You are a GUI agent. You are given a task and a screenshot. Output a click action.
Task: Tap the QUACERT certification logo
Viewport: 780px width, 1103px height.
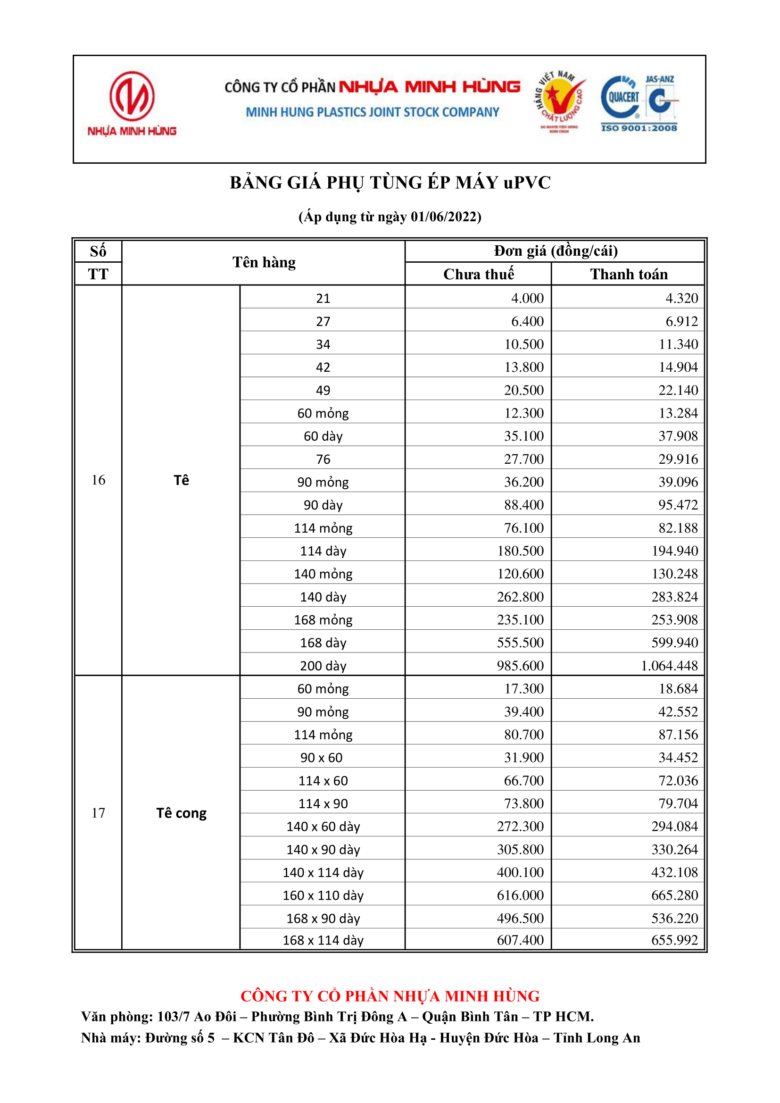click(622, 98)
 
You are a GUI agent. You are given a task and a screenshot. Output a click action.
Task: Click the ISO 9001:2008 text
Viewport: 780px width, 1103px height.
click(639, 128)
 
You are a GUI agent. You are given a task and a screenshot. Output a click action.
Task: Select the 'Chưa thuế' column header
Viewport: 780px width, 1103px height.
click(478, 274)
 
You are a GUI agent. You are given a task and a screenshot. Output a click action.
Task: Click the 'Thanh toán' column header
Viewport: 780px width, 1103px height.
click(629, 274)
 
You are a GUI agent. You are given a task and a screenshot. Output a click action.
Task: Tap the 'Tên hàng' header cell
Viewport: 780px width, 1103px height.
click(264, 262)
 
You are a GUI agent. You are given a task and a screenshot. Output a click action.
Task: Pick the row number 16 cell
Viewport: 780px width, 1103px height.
click(98, 480)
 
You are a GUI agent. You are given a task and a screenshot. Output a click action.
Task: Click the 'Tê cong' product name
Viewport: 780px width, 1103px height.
click(181, 813)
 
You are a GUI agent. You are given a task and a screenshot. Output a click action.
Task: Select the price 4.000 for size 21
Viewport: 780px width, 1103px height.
click(527, 298)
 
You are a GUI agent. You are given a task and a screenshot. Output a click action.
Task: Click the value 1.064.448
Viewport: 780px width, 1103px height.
click(669, 666)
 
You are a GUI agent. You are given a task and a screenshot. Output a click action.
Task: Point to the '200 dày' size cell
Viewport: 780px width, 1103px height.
click(323, 666)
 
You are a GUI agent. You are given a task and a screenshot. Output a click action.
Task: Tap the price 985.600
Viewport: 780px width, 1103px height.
click(520, 666)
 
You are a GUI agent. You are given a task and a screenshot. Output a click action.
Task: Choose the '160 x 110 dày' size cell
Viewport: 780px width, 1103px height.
click(323, 895)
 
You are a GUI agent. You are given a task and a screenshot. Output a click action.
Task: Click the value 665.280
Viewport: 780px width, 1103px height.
click(674, 895)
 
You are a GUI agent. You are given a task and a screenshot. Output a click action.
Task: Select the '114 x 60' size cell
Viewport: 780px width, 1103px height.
click(323, 781)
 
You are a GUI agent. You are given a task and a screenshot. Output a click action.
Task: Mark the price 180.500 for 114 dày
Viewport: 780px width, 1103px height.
click(520, 551)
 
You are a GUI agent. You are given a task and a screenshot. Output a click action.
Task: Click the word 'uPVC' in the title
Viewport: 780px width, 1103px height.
click(527, 183)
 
